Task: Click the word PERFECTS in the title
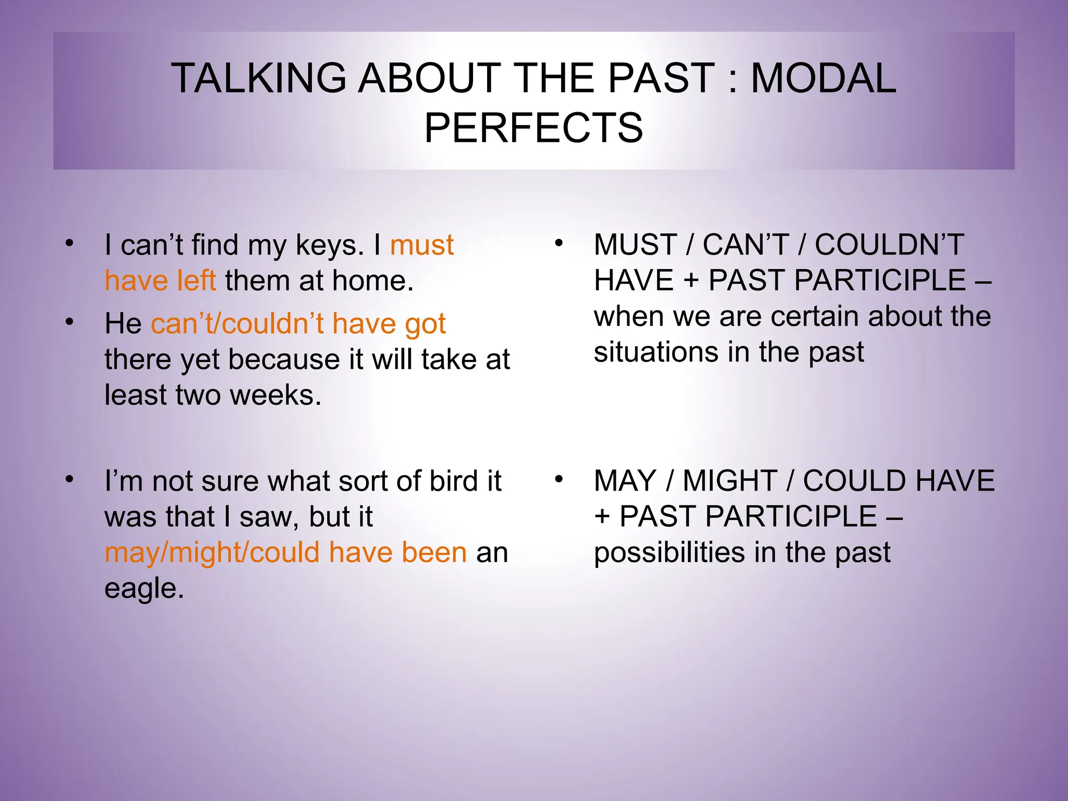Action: point(533,128)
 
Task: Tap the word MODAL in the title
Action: point(823,79)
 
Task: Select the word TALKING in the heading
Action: point(259,79)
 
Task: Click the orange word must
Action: point(422,245)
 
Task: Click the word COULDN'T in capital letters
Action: point(889,245)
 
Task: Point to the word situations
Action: point(656,352)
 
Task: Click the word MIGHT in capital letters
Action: point(730,481)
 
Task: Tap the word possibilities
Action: point(669,552)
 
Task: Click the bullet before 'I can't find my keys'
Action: point(69,244)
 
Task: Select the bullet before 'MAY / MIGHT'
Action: point(559,479)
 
